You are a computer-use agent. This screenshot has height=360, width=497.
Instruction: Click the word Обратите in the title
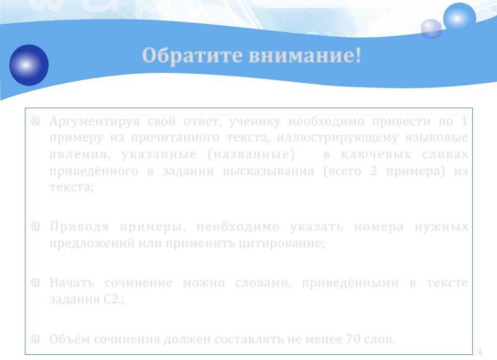pyautogui.click(x=193, y=55)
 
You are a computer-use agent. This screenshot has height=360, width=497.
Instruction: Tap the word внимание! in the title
pyautogui.click(x=305, y=55)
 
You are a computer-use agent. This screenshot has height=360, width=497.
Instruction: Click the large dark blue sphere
pyautogui.click(x=29, y=65)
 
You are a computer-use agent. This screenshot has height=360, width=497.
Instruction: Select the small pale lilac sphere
pyautogui.click(x=431, y=29)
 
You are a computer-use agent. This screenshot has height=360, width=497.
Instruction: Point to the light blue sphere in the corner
pyautogui.click(x=460, y=19)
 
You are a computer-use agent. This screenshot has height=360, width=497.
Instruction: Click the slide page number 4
pyautogui.click(x=479, y=352)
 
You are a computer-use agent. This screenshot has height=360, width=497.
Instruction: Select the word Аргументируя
pyautogui.click(x=94, y=122)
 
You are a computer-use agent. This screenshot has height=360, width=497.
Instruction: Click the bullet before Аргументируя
pyautogui.click(x=36, y=121)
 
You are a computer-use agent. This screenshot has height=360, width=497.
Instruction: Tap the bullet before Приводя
pyautogui.click(x=36, y=227)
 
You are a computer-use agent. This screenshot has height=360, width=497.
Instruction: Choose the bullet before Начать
pyautogui.click(x=36, y=282)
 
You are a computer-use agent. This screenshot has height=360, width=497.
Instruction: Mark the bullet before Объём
pyautogui.click(x=36, y=339)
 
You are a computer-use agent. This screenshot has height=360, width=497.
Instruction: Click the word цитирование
pyautogui.click(x=282, y=244)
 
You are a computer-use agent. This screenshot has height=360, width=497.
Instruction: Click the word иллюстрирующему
pyautogui.click(x=337, y=138)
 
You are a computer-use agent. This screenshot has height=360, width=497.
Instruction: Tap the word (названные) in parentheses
pyautogui.click(x=251, y=155)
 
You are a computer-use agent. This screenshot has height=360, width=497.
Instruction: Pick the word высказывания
pyautogui.click(x=269, y=171)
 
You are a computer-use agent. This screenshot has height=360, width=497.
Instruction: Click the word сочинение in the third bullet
pyautogui.click(x=139, y=283)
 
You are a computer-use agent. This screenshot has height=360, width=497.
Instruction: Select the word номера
pyautogui.click(x=379, y=227)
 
